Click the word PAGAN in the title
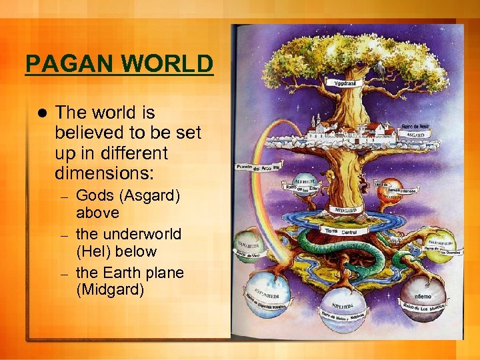[x=59, y=65]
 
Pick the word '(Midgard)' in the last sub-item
[x=110, y=290]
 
